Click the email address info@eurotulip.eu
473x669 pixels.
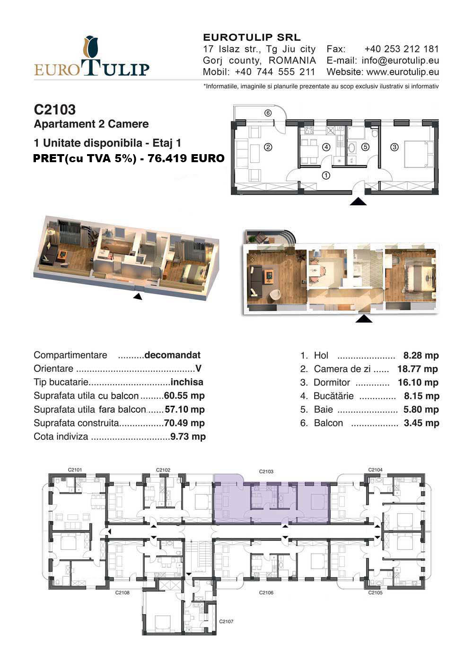tap(400, 61)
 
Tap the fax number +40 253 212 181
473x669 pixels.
tap(402, 49)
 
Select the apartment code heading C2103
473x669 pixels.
tap(55, 110)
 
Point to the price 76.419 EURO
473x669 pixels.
tap(186, 158)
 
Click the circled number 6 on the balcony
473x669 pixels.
tap(268, 113)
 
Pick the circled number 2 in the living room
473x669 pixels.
tap(268, 147)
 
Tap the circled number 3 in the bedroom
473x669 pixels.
tap(394, 147)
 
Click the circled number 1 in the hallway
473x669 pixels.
tap(326, 175)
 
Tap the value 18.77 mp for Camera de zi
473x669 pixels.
tap(418, 369)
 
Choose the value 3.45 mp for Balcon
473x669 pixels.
tap(421, 423)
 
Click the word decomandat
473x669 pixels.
tap(172, 355)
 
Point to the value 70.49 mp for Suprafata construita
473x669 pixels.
tap(184, 423)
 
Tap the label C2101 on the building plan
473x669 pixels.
tap(75, 470)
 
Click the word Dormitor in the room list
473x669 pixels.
tap(332, 382)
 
